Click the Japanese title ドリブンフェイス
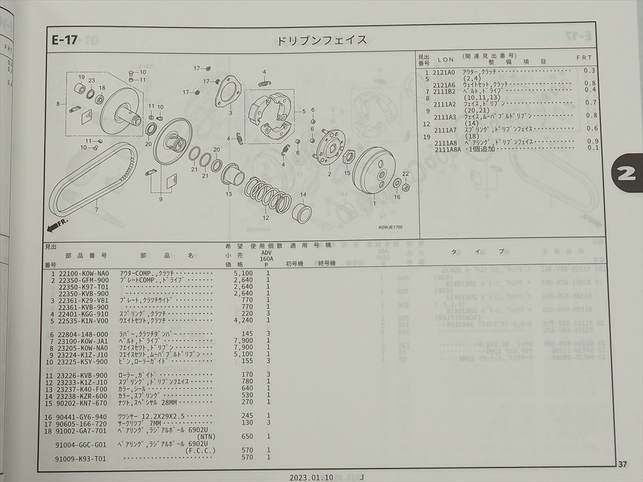[322, 40]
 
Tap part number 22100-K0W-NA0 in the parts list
[83, 273]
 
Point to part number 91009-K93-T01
[83, 458]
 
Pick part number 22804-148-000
[83, 334]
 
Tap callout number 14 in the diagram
[303, 194]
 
